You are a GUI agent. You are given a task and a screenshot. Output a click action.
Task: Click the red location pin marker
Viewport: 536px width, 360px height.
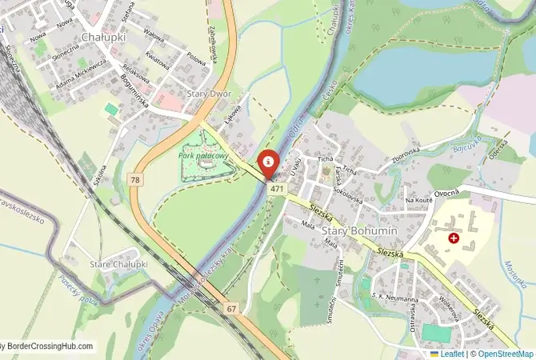tap(270, 163)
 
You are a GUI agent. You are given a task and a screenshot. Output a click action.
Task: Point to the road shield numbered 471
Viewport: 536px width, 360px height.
tap(278, 188)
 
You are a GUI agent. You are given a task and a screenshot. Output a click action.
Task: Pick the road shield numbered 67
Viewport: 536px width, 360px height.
tap(231, 308)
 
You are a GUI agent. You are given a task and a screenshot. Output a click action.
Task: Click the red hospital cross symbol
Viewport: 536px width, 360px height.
tap(454, 238)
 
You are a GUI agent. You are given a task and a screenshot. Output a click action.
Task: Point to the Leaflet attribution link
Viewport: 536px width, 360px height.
tap(452, 354)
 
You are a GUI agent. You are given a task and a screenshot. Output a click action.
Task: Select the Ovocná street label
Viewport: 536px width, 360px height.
tap(446, 193)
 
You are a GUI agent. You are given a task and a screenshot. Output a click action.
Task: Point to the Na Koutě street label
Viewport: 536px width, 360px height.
tap(418, 200)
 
